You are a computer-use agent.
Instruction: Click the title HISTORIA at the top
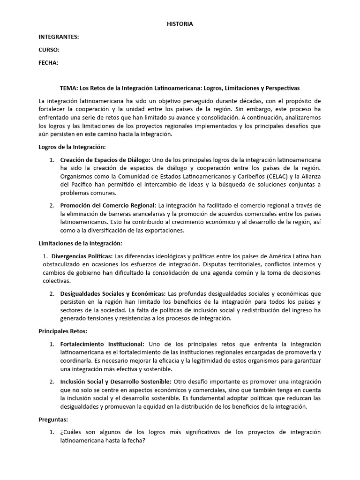(180, 24)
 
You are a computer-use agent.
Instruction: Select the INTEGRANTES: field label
(59, 37)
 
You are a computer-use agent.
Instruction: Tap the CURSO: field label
(49, 50)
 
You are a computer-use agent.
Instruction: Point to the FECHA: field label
(48, 63)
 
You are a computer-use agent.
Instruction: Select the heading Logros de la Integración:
(72, 147)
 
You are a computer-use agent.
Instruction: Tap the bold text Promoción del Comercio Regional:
(108, 205)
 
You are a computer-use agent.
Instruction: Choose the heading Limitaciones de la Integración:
(80, 243)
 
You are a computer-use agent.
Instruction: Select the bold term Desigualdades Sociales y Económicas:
(112, 293)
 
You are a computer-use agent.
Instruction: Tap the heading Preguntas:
(53, 420)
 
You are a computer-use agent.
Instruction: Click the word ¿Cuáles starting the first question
(71, 432)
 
